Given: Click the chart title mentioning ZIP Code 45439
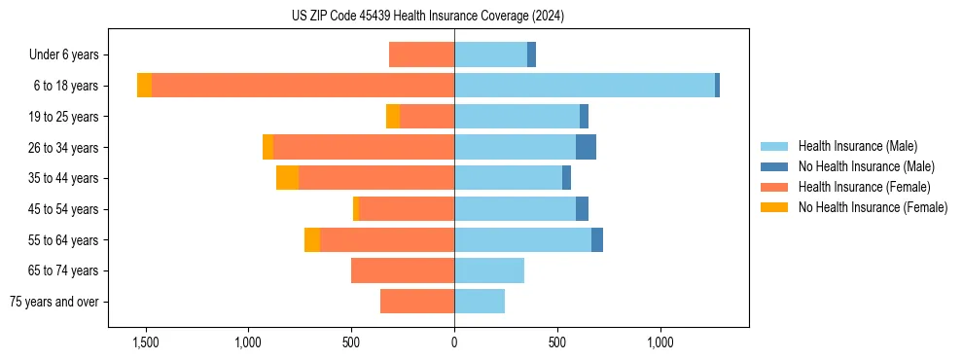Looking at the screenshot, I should click(x=427, y=17).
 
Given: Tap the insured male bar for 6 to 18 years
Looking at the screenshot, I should click(x=584, y=86).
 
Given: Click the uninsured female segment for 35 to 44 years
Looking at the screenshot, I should click(x=287, y=178).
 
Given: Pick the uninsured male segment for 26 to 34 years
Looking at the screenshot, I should click(x=586, y=147).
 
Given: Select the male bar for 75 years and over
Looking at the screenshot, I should click(x=480, y=302).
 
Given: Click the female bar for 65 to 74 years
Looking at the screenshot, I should click(x=403, y=270).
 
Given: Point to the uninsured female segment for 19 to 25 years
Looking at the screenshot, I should click(x=393, y=117).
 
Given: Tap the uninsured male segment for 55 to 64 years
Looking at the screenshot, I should click(x=597, y=239).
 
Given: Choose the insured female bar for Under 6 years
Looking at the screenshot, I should click(x=421, y=54).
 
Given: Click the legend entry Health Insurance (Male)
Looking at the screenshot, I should click(x=857, y=146).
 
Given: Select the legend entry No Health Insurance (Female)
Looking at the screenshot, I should click(x=873, y=207).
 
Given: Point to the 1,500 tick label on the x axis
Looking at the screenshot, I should click(x=146, y=342).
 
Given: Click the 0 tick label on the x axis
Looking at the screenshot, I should click(x=454, y=342).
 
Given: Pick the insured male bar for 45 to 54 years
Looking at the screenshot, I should click(x=515, y=209).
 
